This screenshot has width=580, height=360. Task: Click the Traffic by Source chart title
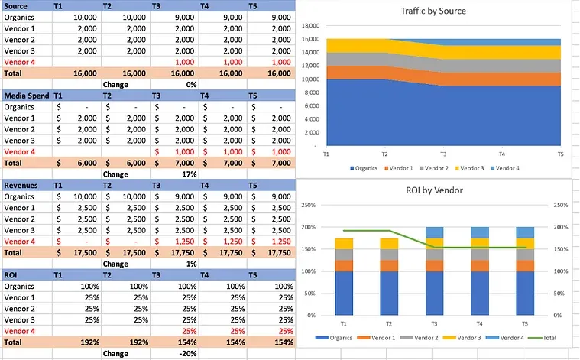coord(433,11)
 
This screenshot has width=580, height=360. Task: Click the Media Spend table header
coord(27,96)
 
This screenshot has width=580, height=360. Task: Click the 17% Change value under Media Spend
coord(189,174)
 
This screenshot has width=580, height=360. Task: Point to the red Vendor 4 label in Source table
coord(20,62)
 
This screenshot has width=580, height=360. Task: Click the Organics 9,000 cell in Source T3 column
coord(184,17)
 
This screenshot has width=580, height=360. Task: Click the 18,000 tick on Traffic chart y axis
coord(310,25)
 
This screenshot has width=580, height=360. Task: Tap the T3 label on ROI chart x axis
coord(433,323)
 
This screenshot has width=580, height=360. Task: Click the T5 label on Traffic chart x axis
coord(560,154)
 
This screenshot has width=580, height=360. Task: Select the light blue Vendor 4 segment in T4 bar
coord(480,232)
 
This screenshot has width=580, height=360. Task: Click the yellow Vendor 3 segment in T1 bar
coord(344,244)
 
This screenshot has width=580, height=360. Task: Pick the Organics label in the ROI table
coord(20,287)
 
